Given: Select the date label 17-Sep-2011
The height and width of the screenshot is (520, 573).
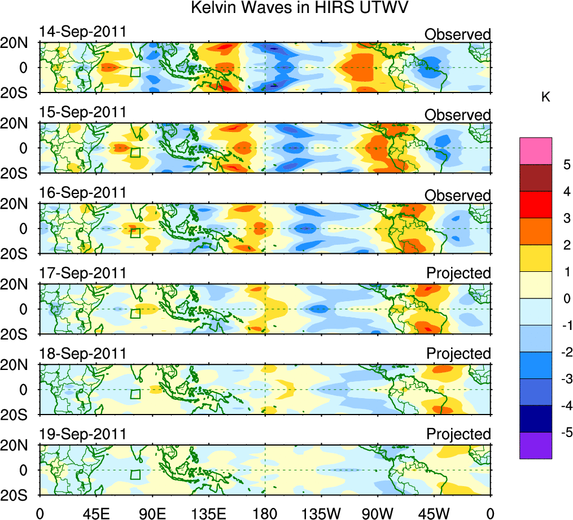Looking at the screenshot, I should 82,273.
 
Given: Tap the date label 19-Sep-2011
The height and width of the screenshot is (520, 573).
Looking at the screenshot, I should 82,434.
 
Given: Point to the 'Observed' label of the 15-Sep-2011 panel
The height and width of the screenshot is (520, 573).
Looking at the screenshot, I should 457,115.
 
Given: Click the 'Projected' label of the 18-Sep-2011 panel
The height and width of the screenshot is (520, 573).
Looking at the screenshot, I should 458,354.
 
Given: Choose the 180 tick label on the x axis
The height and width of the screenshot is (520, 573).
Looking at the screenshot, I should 265,513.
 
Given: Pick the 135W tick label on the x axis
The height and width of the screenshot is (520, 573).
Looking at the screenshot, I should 321,513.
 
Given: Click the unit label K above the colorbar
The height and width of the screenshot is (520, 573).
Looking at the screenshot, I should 545,98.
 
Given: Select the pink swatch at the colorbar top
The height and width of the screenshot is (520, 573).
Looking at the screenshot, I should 535,151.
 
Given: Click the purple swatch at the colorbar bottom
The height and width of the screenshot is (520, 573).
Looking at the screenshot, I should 535,445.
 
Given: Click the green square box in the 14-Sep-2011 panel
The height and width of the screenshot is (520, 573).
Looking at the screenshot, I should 135,72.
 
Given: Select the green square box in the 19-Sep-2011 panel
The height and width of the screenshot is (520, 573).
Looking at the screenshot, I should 135,474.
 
